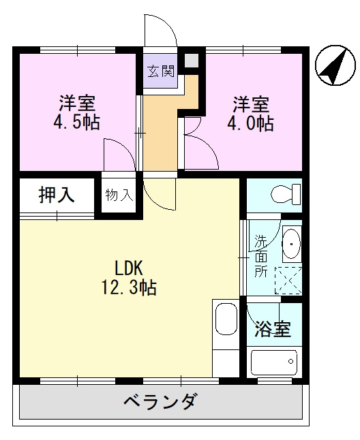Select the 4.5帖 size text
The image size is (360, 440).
[x=76, y=123]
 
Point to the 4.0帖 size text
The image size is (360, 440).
[x=252, y=123]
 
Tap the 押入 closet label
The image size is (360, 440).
[x=56, y=195]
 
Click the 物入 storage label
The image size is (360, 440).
[x=119, y=195]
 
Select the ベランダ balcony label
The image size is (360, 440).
[x=161, y=401]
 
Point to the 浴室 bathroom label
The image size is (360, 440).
[x=273, y=329]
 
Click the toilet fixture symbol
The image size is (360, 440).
[x=286, y=195]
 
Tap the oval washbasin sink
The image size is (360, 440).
[x=290, y=243]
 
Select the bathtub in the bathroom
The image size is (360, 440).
[x=273, y=361]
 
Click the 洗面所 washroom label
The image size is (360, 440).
[x=261, y=255]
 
